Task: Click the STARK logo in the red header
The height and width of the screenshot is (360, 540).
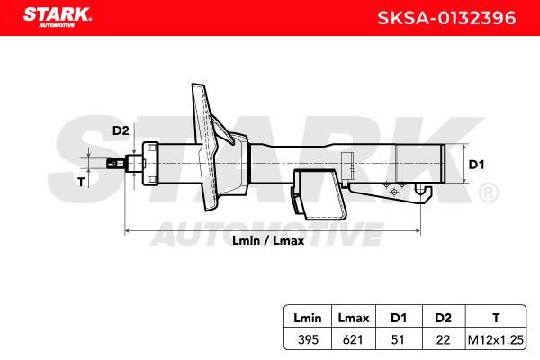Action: (58, 17)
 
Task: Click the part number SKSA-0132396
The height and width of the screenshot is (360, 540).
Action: (446, 18)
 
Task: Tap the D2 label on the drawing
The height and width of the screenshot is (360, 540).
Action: (121, 130)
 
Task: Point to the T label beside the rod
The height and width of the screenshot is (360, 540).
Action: (81, 182)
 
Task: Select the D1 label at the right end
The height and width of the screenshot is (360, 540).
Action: (477, 165)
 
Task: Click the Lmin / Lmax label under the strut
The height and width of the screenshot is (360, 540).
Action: (268, 240)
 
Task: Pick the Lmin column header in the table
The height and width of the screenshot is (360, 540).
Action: (308, 318)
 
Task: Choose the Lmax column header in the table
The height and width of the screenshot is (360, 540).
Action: (354, 318)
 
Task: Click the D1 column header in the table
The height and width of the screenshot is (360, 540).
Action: (399, 318)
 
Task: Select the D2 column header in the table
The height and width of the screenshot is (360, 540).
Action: (443, 318)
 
